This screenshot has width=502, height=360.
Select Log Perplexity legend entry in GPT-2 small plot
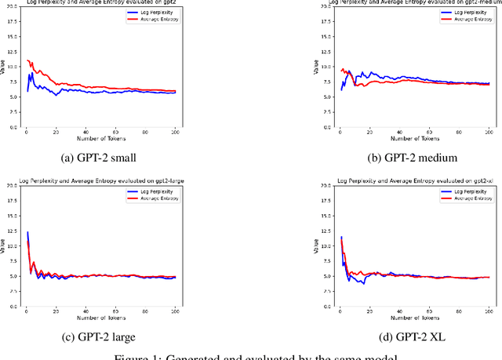161,13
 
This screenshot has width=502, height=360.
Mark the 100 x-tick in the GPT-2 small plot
175,131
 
